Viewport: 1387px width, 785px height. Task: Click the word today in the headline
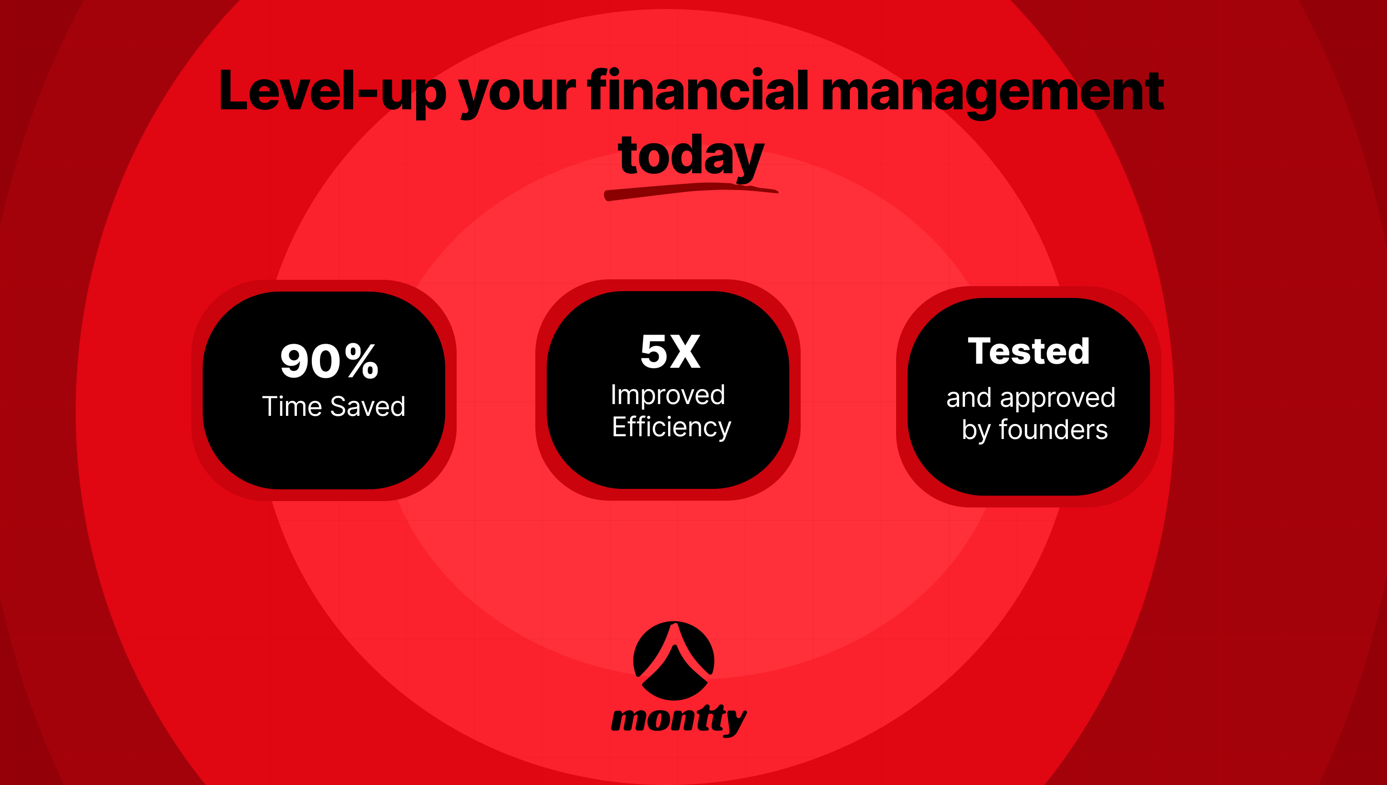691,156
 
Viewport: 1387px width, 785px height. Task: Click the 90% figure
329,361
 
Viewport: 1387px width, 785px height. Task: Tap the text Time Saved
334,406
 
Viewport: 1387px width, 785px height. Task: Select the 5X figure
670,351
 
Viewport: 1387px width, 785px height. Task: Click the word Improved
668,395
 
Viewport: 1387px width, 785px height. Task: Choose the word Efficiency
671,428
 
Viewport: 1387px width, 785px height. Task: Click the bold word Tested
1028,351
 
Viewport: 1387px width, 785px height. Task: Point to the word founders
1053,430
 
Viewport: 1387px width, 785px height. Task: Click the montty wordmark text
679,719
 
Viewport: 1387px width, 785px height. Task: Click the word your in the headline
517,93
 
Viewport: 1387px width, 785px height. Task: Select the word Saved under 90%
368,406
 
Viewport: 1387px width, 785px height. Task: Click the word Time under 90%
291,406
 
